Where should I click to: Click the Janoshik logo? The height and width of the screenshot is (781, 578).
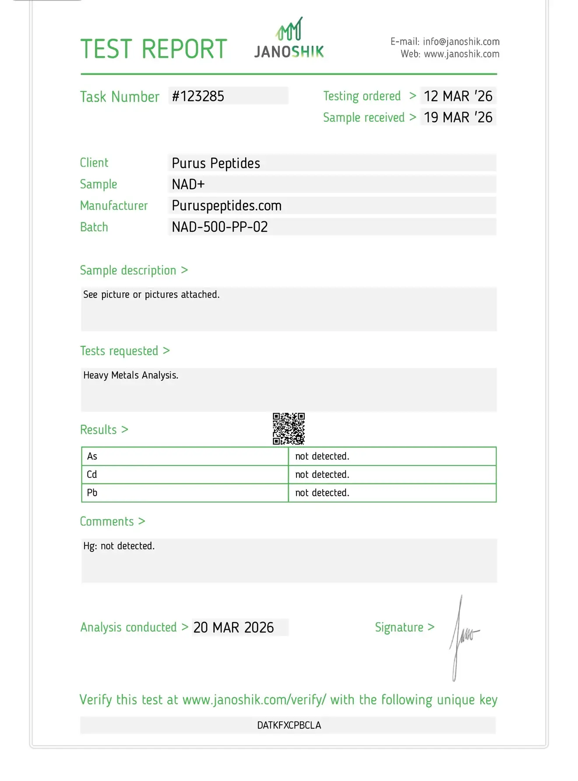click(x=289, y=39)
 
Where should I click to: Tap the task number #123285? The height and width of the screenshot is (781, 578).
click(x=198, y=96)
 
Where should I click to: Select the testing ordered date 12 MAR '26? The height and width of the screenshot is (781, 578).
click(x=458, y=96)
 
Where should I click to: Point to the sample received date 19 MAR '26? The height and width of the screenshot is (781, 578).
click(x=458, y=117)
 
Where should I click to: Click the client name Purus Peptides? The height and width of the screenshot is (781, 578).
click(x=216, y=163)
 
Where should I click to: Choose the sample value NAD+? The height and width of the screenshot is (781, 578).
click(x=188, y=184)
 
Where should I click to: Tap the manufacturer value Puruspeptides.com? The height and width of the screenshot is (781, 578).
click(x=226, y=205)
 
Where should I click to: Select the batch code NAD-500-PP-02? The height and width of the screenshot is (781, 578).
click(x=220, y=227)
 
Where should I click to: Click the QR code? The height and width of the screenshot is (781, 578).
click(x=289, y=428)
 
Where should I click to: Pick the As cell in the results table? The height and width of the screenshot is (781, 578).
click(x=92, y=456)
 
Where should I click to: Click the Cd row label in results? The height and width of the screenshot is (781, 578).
click(x=92, y=474)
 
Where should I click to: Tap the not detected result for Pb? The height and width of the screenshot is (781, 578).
click(x=322, y=493)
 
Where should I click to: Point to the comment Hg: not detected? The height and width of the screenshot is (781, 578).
click(x=119, y=546)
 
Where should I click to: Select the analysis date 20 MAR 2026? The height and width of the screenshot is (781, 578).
click(x=233, y=627)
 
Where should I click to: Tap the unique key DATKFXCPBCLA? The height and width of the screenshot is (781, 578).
click(x=289, y=725)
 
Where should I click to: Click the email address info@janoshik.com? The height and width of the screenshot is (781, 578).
click(x=461, y=42)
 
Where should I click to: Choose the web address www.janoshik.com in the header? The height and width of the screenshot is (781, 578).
click(x=462, y=54)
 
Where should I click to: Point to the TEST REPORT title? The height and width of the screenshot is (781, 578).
click(x=154, y=49)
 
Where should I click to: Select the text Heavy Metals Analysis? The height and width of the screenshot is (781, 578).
click(x=131, y=375)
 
